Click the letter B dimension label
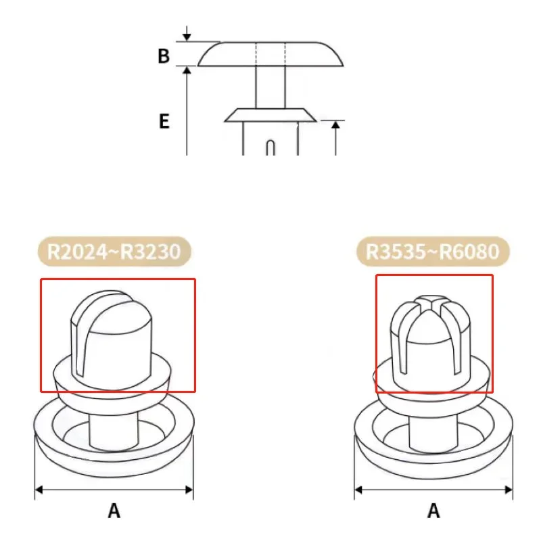pyautogui.click(x=164, y=56)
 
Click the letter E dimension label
pyautogui.click(x=164, y=121)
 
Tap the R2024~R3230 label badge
pyautogui.click(x=114, y=252)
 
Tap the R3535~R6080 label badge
pyautogui.click(x=433, y=252)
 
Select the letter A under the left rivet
pyautogui.click(x=114, y=511)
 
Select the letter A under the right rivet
pyautogui.click(x=433, y=511)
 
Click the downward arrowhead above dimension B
pyautogui.click(x=187, y=37)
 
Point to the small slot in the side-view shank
pyautogui.click(x=271, y=147)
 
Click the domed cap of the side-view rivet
pyautogui.click(x=270, y=54)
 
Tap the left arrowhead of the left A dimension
pyautogui.click(x=39, y=490)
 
